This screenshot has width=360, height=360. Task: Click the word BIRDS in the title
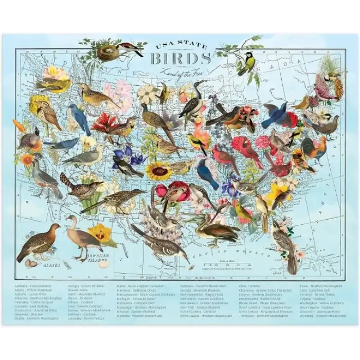[x=180, y=59]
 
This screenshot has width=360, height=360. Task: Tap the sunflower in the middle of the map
[x=158, y=171]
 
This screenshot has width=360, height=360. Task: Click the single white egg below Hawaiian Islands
[x=104, y=265]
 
